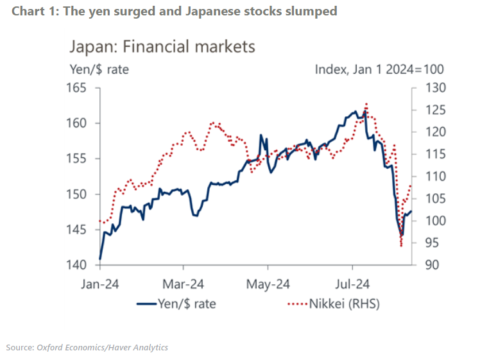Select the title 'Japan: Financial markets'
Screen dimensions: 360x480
[x=162, y=47]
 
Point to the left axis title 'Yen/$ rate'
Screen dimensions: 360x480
[x=98, y=69]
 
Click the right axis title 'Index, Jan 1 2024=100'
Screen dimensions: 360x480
[x=379, y=69]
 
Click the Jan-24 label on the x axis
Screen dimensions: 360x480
[x=99, y=282]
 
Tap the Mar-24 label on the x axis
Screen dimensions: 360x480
[x=184, y=282]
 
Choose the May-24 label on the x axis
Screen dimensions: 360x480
[x=268, y=282]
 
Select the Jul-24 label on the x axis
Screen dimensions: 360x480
[x=352, y=282]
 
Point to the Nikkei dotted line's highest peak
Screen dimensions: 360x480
[x=366, y=103]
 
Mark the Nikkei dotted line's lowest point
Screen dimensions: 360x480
[x=401, y=246]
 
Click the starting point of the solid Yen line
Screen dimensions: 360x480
[x=100, y=259]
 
